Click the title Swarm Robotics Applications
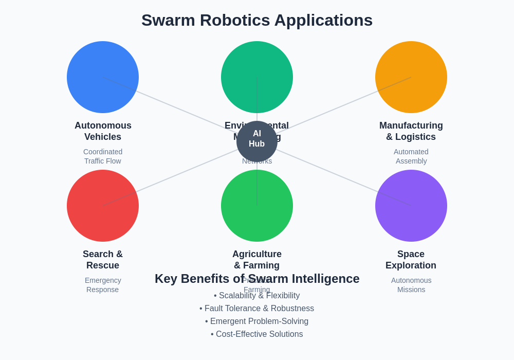(x=257, y=20)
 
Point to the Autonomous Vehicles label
(x=103, y=131)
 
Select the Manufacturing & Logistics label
(x=411, y=131)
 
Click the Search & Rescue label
(x=103, y=260)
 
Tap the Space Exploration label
(x=411, y=260)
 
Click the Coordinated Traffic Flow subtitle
(x=103, y=156)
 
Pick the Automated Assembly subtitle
(x=411, y=156)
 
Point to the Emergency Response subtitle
(x=103, y=285)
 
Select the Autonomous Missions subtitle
(x=411, y=285)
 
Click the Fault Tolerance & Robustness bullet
(x=257, y=309)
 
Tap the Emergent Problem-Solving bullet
(x=257, y=321)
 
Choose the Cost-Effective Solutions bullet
(x=257, y=334)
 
